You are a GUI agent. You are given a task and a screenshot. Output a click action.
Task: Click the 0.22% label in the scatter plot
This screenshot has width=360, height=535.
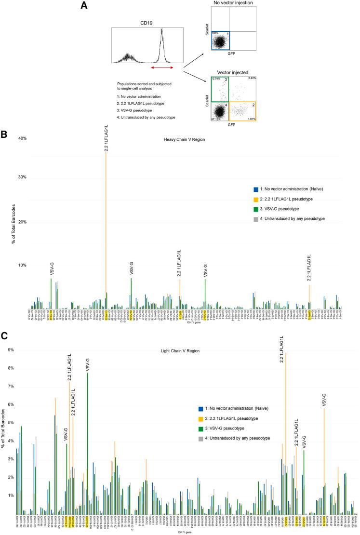tap(251, 78)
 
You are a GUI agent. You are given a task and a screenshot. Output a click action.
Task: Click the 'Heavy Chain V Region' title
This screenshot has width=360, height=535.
tap(181, 140)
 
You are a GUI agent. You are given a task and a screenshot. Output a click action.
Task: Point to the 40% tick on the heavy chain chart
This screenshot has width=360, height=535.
tap(22, 139)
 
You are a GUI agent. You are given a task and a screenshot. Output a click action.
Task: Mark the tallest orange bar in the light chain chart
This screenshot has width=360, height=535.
tap(286, 434)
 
